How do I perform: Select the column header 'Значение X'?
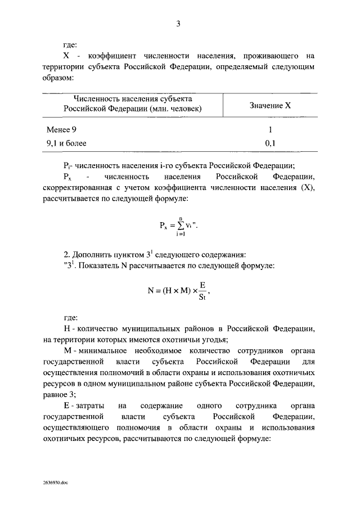coord(270,105)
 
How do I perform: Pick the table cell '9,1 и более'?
coord(66,143)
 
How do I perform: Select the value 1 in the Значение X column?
coord(270,129)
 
